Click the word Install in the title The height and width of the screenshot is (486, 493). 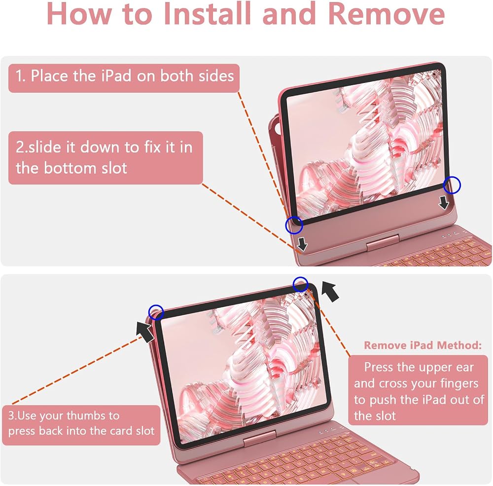[208, 14]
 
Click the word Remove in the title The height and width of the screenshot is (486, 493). [387, 14]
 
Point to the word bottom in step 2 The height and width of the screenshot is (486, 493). [70, 168]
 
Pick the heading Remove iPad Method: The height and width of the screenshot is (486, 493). [423, 345]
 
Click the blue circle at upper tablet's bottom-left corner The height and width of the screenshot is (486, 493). [294, 225]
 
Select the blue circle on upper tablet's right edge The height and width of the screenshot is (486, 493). [452, 185]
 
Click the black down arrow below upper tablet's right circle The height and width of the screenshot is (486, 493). [444, 203]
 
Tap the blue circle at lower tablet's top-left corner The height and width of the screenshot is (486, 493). [156, 312]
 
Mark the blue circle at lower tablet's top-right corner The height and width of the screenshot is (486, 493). [301, 284]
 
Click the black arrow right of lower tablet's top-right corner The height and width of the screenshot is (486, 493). [330, 292]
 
